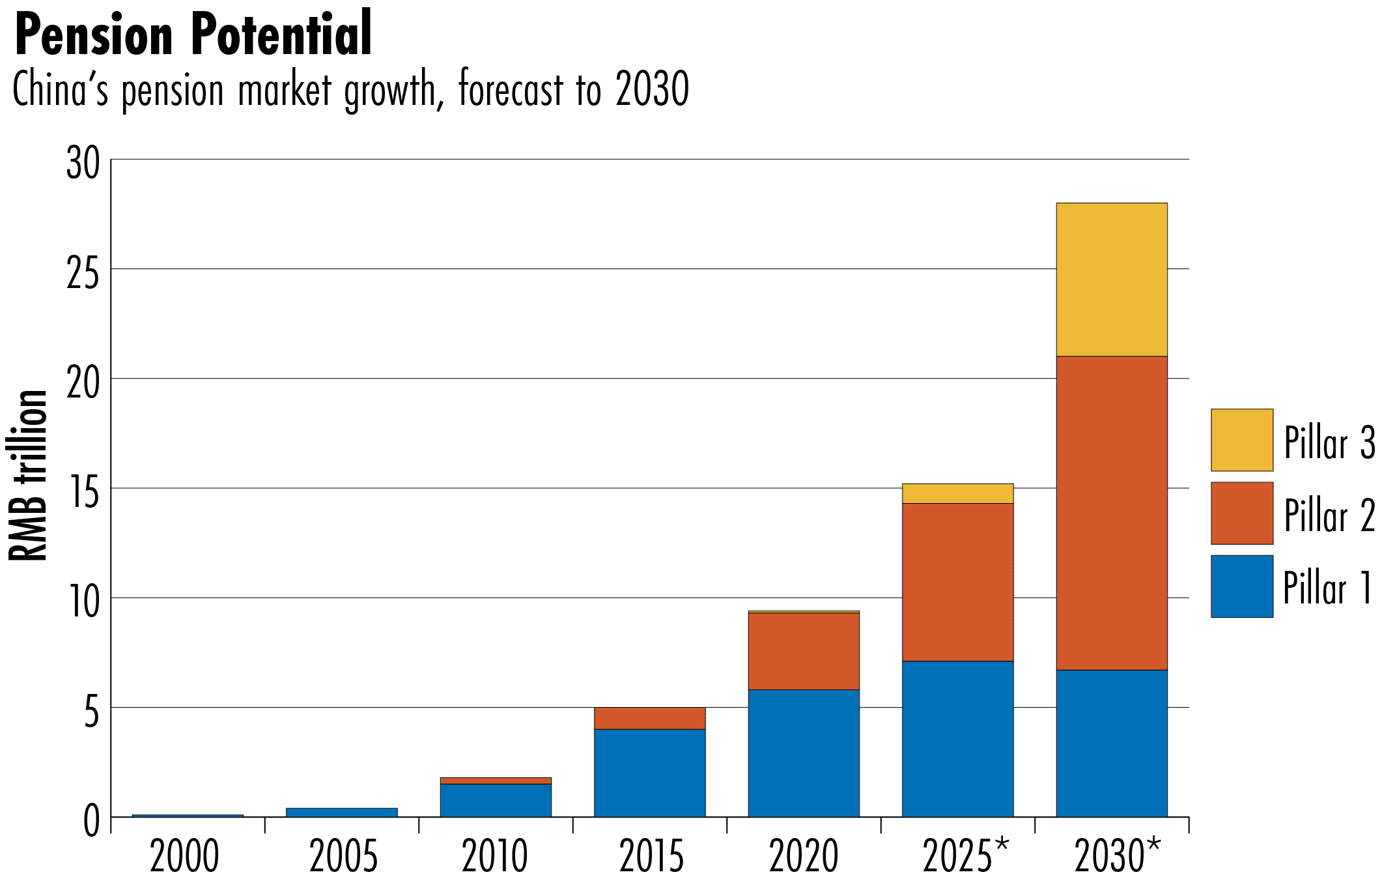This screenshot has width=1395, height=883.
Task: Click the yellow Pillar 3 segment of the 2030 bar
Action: pos(1111,280)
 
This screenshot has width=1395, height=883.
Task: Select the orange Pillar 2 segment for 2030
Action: pos(1111,513)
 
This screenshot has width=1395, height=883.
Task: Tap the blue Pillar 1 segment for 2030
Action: pos(1111,743)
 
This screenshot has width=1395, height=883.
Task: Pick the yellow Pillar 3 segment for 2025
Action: pos(957,494)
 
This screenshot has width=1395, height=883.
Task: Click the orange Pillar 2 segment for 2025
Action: pos(957,582)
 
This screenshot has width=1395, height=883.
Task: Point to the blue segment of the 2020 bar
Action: pos(803,753)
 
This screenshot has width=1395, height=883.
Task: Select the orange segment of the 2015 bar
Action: pos(649,718)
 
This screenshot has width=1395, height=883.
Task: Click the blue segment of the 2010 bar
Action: pos(496,800)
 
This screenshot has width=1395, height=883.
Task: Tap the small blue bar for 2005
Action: pos(341,813)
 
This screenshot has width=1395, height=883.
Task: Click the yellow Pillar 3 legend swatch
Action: pos(1241,440)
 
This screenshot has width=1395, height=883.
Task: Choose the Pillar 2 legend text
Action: pos(1329,515)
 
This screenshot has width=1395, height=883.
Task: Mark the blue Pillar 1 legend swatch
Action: pos(1241,586)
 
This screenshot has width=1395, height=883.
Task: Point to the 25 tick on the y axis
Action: pos(83,272)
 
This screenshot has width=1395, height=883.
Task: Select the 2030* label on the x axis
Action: pos(1116,856)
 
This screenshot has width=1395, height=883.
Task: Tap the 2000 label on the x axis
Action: pos(184,856)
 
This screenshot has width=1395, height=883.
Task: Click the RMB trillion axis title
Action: pos(27,476)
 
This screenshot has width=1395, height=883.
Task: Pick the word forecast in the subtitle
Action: pos(511,89)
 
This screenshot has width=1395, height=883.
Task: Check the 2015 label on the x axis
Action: pos(651,856)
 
